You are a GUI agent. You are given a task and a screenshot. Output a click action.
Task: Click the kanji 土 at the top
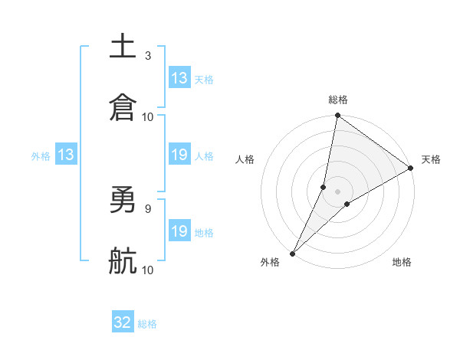click(x=123, y=46)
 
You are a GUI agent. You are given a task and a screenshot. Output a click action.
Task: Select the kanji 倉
click(x=123, y=108)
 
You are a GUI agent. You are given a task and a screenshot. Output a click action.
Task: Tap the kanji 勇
click(x=123, y=200)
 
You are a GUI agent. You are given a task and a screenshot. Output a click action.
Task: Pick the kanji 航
click(x=123, y=261)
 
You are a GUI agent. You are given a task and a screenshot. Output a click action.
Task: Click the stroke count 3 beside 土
click(x=148, y=55)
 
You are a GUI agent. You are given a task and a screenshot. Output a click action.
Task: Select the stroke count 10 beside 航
click(x=148, y=270)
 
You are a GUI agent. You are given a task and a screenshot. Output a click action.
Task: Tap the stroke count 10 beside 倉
click(x=148, y=116)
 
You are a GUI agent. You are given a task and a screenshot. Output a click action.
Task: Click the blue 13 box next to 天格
click(x=179, y=78)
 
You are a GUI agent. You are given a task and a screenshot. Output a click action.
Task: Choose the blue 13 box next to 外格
click(x=66, y=155)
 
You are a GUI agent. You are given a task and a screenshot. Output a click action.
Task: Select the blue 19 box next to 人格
click(x=179, y=155)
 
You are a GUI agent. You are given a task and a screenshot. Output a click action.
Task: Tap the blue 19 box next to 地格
click(x=179, y=231)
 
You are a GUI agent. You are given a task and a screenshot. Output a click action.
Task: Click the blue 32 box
click(x=123, y=323)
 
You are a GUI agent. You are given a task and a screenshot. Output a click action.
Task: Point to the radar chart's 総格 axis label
click(x=338, y=100)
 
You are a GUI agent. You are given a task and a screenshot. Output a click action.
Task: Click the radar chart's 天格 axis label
click(x=431, y=159)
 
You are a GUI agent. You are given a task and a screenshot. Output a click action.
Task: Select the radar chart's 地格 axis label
click(x=402, y=263)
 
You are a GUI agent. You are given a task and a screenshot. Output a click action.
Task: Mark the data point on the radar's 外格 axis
click(x=293, y=253)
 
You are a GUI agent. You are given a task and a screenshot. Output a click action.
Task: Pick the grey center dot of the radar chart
click(x=338, y=191)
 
